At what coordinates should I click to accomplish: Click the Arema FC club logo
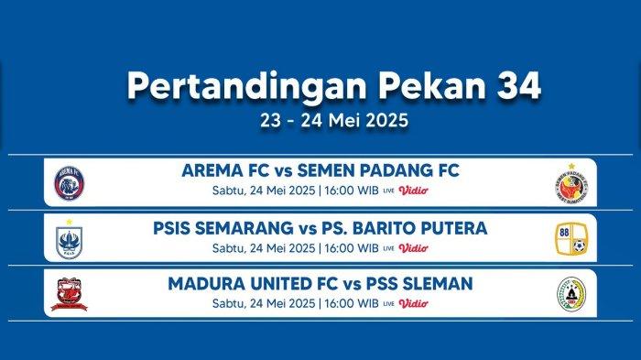(x=69, y=182)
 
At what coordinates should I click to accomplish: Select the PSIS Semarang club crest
(x=69, y=238)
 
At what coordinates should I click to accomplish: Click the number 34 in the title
(x=516, y=85)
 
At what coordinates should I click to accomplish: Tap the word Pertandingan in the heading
(x=236, y=85)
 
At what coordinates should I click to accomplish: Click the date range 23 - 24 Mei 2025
(x=320, y=120)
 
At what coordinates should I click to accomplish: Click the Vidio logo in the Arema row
(x=413, y=191)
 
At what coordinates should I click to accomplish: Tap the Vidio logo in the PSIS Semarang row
(x=413, y=247)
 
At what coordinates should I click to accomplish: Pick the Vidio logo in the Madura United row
(x=413, y=303)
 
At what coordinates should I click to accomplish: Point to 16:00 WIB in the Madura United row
(x=351, y=303)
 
